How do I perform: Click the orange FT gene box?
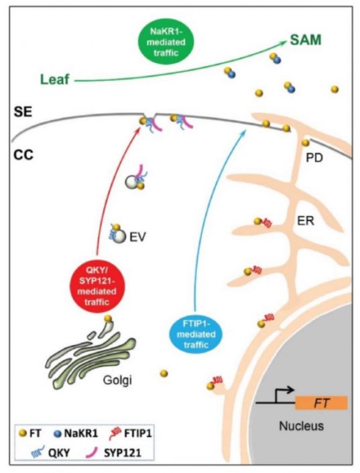tap(322, 403)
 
